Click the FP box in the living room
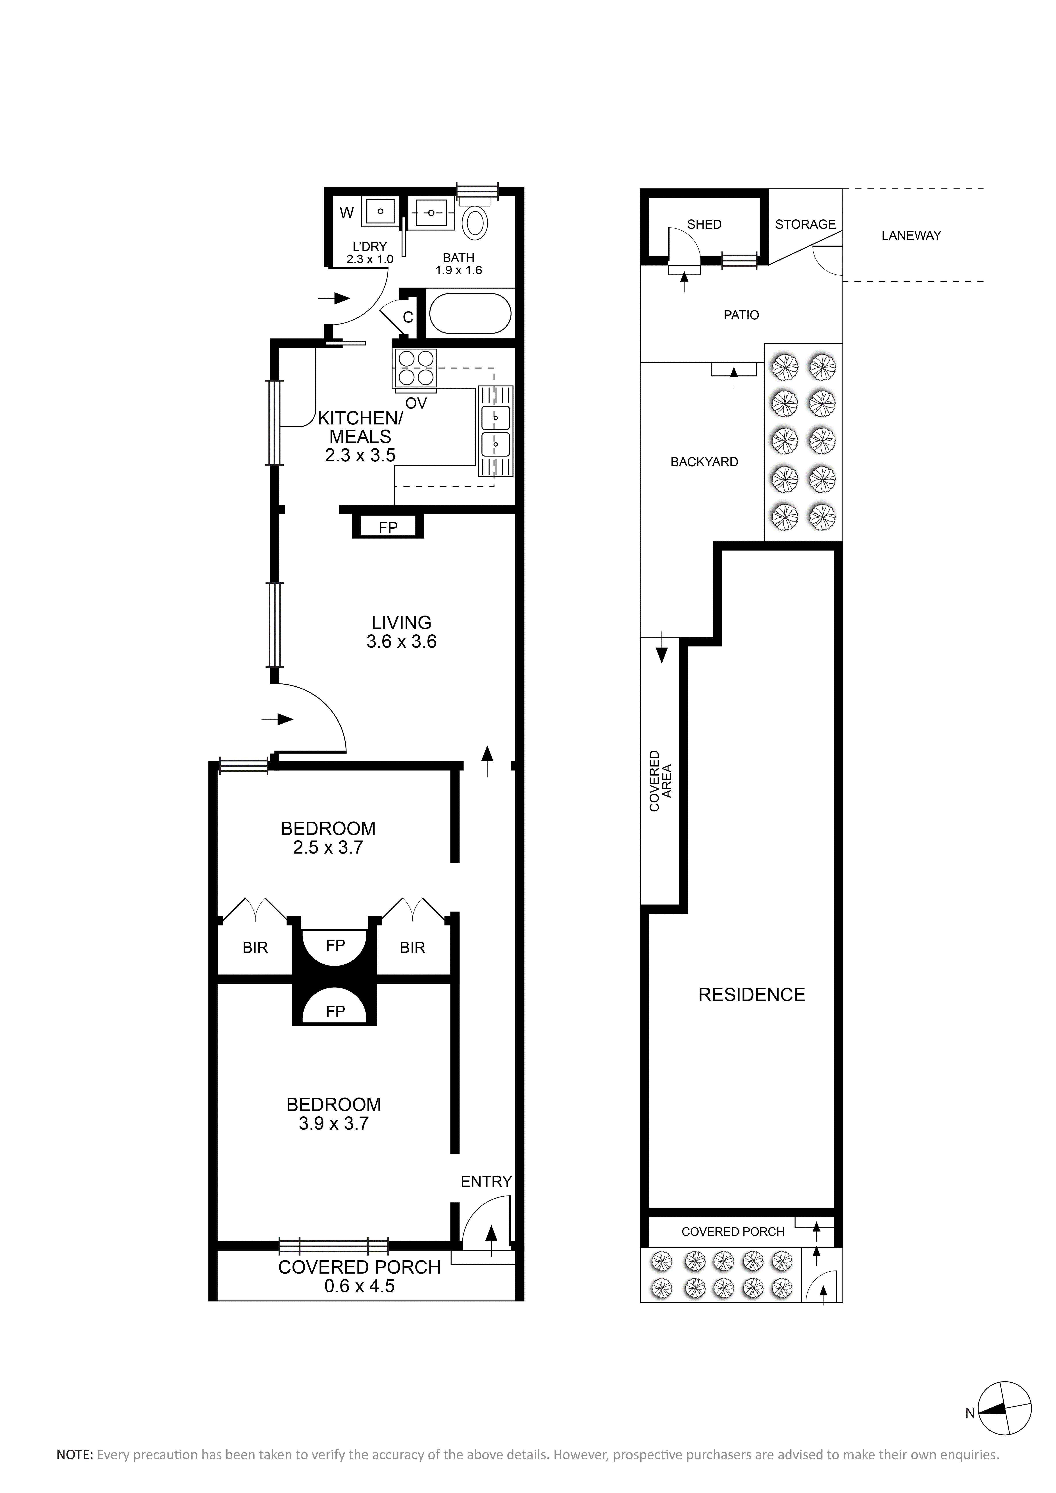click(x=388, y=526)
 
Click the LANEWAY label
click(x=911, y=235)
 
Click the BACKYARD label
click(x=704, y=462)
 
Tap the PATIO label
click(x=741, y=315)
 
